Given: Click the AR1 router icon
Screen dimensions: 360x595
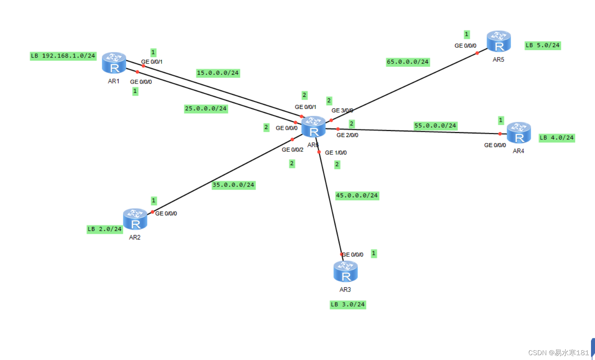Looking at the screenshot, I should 114,63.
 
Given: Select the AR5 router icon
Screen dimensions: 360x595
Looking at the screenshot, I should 499,42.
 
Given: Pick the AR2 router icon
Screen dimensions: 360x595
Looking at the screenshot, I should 135,219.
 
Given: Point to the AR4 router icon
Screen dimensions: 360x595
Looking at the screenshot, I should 519,133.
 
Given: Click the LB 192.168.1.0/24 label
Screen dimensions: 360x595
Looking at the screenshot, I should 63,56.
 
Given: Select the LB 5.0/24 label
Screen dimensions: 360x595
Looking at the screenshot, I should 542,45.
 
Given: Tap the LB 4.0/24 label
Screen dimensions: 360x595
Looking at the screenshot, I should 557,138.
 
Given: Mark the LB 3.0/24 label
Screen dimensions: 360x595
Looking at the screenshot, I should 348,305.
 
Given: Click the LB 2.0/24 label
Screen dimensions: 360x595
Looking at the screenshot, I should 105,229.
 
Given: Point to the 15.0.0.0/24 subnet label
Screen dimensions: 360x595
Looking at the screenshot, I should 218,73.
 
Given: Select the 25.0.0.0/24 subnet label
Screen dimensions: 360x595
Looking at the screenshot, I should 206,109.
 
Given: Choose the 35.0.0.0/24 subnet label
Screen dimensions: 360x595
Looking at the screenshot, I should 233,185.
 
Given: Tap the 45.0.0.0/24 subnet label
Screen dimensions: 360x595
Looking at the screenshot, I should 357,196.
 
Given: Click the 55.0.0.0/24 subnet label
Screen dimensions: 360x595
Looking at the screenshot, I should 436,126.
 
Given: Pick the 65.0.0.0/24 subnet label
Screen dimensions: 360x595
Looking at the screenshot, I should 408,62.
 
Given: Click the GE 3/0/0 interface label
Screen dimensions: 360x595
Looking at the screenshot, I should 342,110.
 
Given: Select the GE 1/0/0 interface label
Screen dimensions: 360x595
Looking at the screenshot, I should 336,153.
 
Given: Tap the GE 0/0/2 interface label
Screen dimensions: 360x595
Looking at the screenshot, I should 292,150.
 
